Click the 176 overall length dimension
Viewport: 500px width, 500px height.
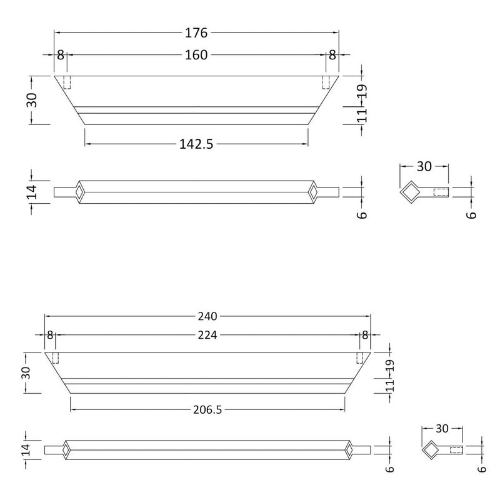coord(196,32)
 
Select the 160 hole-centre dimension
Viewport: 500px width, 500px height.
coord(196,55)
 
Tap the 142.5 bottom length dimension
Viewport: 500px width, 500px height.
coord(196,144)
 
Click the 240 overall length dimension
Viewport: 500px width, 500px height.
coord(207,316)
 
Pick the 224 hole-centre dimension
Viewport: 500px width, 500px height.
coord(207,336)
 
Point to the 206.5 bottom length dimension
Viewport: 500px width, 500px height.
coord(207,409)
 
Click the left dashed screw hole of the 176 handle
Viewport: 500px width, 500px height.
coord(67,82)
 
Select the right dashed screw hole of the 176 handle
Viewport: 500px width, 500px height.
coord(326,82)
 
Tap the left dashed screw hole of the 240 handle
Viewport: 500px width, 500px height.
coord(55,357)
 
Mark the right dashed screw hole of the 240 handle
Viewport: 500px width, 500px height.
coord(360,357)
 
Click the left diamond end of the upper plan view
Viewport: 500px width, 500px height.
coord(79,191)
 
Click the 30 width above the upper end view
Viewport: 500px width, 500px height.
coord(424,166)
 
